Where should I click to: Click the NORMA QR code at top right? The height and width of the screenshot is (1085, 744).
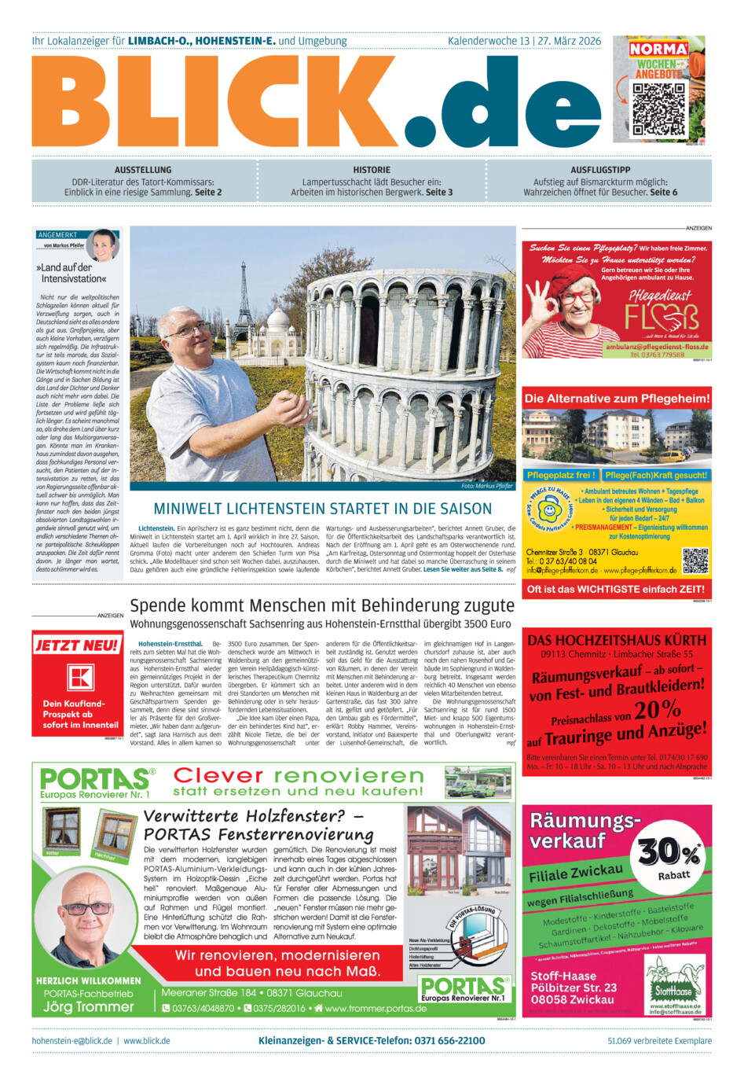click(659, 108)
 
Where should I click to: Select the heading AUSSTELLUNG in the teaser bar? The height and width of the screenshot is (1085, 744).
click(143, 170)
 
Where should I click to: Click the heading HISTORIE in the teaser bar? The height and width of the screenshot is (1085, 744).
click(372, 170)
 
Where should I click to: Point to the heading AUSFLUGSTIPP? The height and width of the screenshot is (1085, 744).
click(600, 170)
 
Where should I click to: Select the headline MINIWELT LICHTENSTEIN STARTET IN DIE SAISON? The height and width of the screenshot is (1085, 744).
click(323, 509)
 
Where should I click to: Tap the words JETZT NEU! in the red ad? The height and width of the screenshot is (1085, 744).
click(77, 645)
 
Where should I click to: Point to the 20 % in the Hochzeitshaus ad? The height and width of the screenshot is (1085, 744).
click(658, 709)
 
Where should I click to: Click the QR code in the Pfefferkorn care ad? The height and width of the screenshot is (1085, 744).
click(695, 561)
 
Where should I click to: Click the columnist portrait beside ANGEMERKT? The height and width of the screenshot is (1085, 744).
click(102, 246)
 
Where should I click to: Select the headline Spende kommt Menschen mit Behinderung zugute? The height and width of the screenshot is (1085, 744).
click(322, 605)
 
